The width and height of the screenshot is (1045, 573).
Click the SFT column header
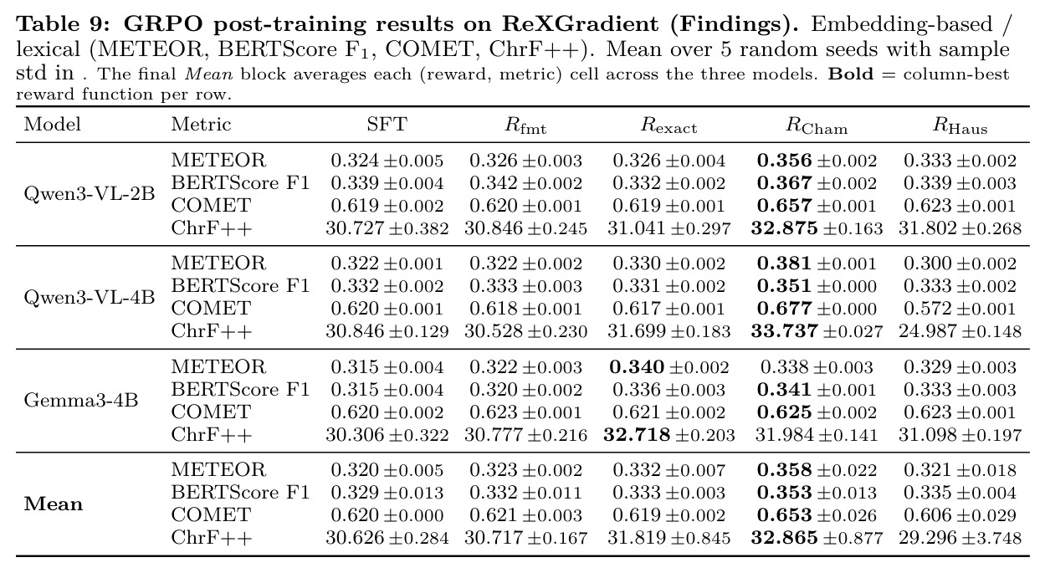(387, 124)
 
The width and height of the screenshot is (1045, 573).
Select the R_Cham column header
(817, 125)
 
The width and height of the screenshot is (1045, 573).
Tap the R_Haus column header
(960, 125)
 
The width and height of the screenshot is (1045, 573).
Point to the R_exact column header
(668, 125)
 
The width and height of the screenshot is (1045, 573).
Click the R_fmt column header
(525, 125)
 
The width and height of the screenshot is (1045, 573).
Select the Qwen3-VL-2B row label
(89, 194)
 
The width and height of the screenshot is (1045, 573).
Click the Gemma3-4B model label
(81, 401)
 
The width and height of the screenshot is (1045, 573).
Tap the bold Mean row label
(54, 504)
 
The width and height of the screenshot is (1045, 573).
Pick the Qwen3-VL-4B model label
(89, 297)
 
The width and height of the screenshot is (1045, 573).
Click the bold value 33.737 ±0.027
(817, 331)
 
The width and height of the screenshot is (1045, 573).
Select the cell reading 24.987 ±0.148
(960, 331)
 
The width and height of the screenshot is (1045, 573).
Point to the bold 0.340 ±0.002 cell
(669, 367)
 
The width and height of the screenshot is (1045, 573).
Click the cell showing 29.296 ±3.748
(960, 538)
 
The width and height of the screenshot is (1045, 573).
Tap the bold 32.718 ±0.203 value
(669, 435)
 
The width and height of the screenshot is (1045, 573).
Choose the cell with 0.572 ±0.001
(960, 309)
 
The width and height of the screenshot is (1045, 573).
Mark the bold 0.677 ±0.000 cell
(817, 309)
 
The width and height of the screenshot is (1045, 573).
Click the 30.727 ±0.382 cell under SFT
(387, 228)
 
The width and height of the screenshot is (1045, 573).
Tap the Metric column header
(201, 124)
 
